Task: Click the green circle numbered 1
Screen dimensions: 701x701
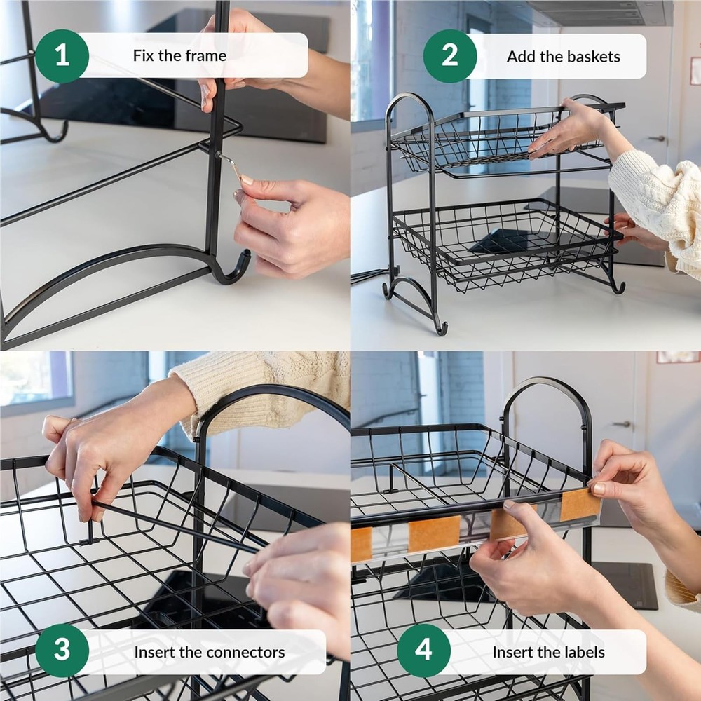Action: [x=62, y=56]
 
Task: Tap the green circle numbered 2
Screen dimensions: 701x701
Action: [x=450, y=56]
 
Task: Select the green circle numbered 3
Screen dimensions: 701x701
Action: [x=62, y=651]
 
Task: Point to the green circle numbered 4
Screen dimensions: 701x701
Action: [x=424, y=651]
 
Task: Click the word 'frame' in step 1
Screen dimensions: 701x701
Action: [x=205, y=56]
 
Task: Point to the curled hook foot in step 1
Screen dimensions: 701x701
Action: [x=235, y=270]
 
